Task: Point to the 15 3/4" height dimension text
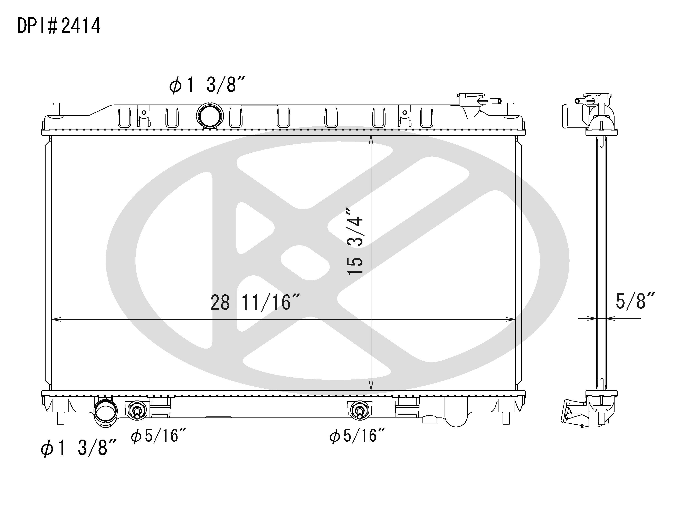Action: (x=355, y=241)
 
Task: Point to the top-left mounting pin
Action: (x=56, y=110)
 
